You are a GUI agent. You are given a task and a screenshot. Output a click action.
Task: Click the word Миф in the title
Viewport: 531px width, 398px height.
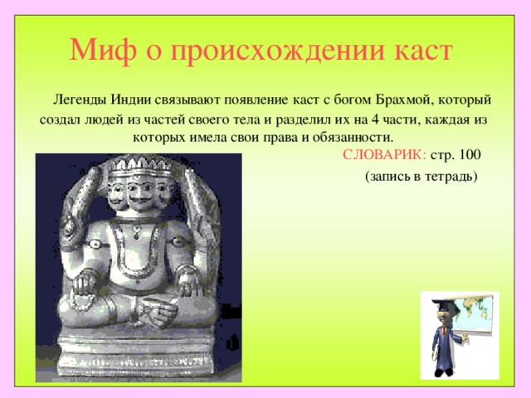click(x=103, y=51)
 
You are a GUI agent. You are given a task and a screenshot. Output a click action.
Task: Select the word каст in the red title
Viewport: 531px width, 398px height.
click(x=422, y=51)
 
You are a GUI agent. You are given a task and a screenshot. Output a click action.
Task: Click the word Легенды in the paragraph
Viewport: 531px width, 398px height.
click(x=80, y=99)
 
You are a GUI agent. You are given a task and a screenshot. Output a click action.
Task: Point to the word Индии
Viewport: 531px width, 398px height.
click(x=131, y=99)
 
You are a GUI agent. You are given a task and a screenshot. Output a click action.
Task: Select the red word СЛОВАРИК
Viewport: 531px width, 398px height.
click(x=384, y=155)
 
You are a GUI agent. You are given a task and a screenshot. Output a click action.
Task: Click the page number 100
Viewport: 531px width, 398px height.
click(x=470, y=155)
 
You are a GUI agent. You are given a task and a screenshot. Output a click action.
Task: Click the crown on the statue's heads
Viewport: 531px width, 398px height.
click(x=139, y=165)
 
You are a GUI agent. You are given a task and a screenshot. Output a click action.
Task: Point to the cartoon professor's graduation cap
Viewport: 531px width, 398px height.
click(x=442, y=303)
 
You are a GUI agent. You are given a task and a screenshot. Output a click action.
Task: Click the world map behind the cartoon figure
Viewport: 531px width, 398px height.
click(x=474, y=313)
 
